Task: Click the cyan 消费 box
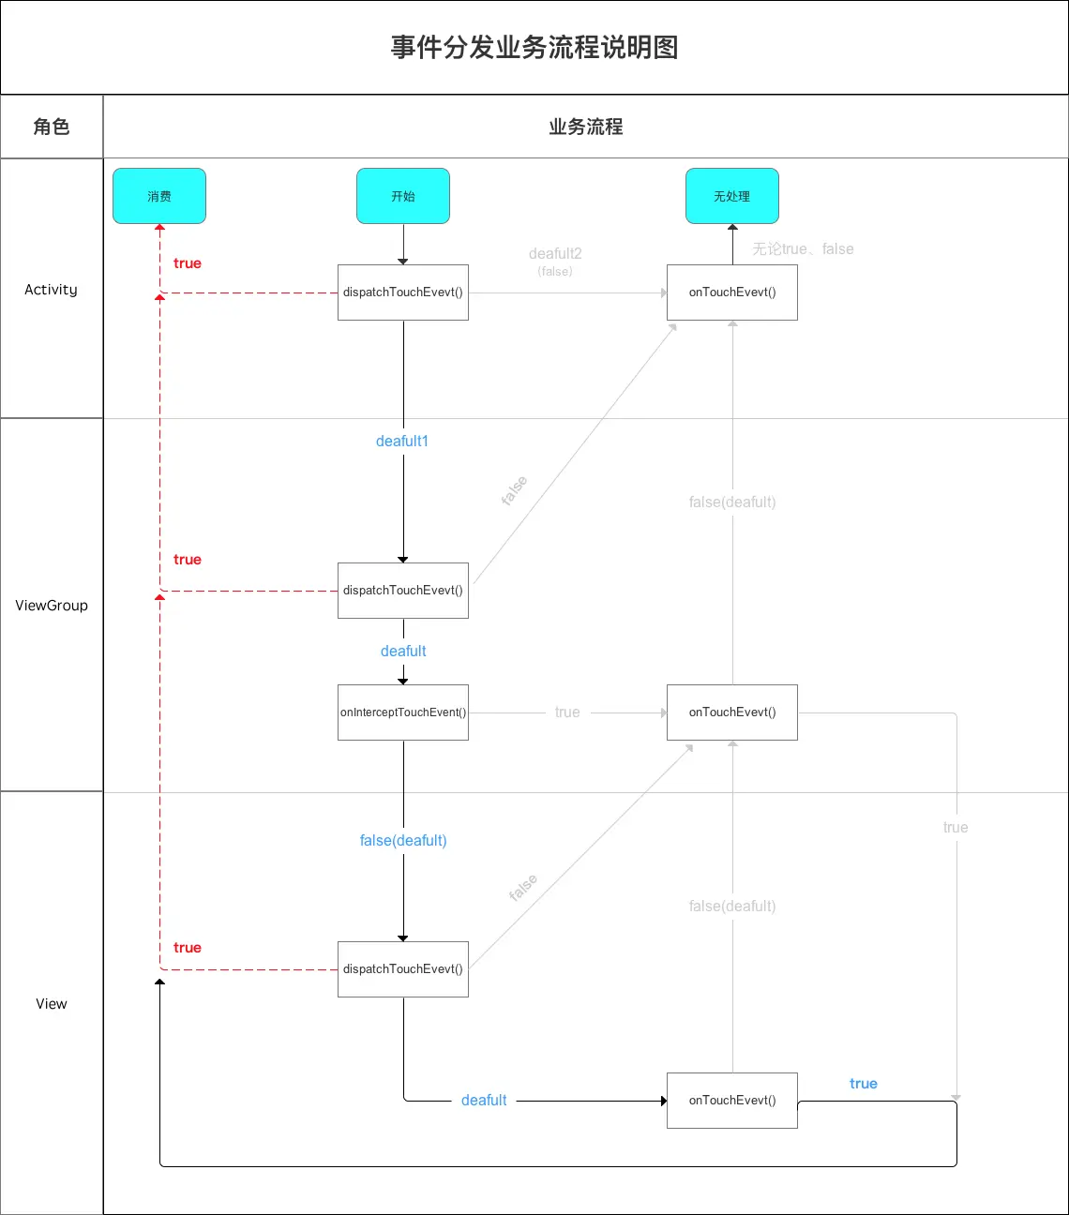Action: [159, 196]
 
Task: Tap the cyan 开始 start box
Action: [403, 196]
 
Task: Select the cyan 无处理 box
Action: [732, 196]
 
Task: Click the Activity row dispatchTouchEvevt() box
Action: [403, 292]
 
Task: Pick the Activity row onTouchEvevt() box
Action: [732, 292]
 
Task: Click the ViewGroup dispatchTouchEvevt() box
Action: [403, 591]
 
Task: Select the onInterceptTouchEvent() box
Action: [403, 712]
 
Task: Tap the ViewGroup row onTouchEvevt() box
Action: [732, 712]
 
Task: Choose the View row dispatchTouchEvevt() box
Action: [403, 969]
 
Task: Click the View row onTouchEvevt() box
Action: [732, 1101]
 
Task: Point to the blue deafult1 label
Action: [402, 442]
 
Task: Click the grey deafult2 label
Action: [555, 254]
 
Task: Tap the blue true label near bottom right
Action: [864, 1084]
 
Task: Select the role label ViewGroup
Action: [52, 606]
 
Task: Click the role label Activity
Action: [52, 290]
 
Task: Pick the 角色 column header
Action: [52, 127]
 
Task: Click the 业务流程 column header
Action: [586, 127]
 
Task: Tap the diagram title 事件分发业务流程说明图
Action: [534, 48]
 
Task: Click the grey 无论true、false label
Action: [803, 249]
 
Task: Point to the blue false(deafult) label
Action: [403, 841]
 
